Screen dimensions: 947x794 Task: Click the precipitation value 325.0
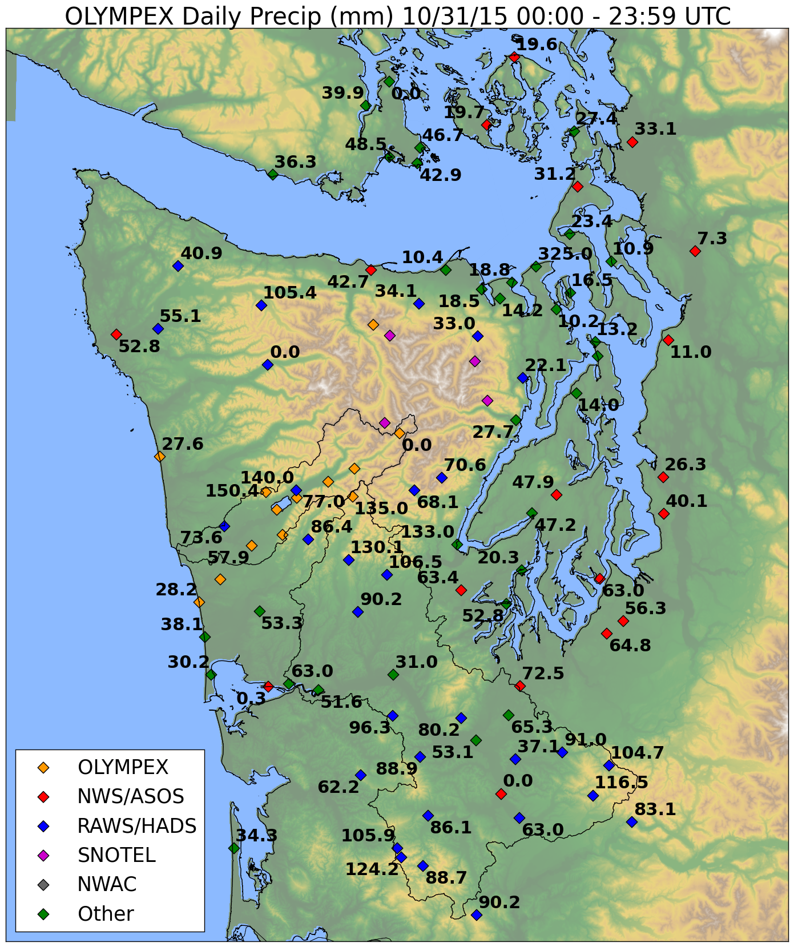point(565,254)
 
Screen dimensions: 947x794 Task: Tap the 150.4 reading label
point(231,491)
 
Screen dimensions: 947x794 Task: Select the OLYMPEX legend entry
point(123,767)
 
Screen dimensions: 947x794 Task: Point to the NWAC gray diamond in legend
point(43,885)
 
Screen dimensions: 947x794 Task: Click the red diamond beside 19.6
point(514,57)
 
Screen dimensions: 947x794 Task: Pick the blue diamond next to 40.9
point(178,265)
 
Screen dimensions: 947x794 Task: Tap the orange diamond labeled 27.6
point(160,456)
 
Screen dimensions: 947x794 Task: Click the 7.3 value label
point(712,239)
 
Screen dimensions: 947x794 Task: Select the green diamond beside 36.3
point(273,174)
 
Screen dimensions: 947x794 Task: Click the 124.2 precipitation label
point(372,869)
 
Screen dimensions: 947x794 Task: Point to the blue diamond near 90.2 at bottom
point(477,914)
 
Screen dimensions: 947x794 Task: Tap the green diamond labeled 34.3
point(233,848)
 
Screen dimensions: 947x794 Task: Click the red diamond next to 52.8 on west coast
point(116,334)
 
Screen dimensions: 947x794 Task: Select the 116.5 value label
point(621,783)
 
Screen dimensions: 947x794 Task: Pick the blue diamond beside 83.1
point(631,822)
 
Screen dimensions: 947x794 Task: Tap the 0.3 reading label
point(251,699)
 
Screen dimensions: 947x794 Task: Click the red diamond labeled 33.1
point(632,142)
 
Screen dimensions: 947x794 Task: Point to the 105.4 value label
point(289,293)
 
